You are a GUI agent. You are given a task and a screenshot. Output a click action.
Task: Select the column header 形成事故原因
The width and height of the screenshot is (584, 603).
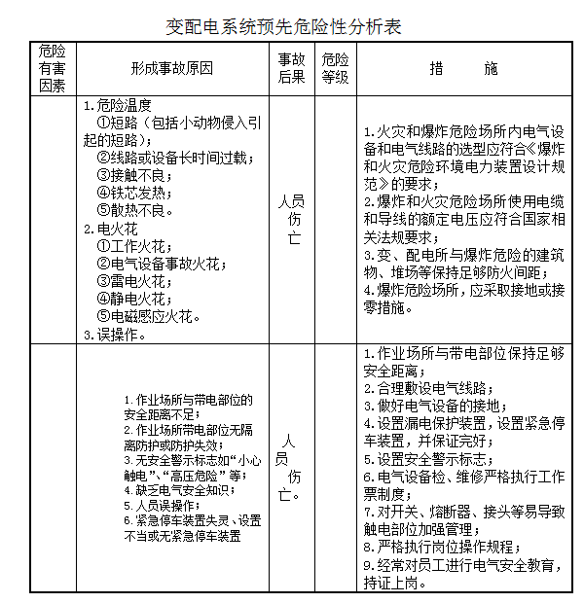point(172,68)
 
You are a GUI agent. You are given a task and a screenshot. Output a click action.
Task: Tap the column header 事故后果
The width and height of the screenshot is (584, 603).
point(291,68)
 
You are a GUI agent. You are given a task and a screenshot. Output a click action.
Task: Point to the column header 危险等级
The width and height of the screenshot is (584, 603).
point(334,68)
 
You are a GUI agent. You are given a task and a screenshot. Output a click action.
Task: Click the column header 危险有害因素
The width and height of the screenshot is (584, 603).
point(53,68)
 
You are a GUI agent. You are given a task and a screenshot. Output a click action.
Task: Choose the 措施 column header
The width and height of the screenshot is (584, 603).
point(462,68)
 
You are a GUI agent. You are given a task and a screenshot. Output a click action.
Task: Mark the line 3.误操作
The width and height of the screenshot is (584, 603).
point(115,334)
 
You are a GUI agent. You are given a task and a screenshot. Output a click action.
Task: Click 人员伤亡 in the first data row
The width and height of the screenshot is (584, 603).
point(291,219)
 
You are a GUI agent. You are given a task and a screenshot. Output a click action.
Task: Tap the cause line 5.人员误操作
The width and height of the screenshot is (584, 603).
point(161,505)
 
